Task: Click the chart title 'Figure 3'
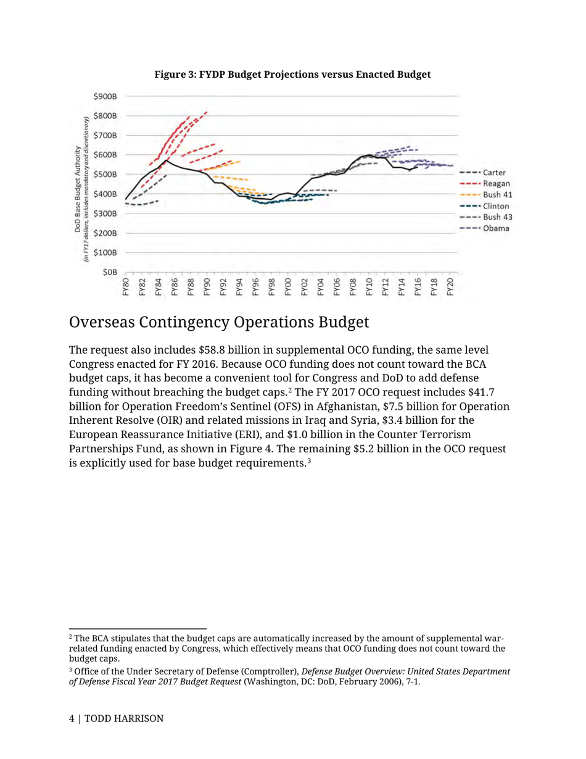click(x=292, y=75)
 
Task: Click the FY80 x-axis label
click(x=126, y=288)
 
